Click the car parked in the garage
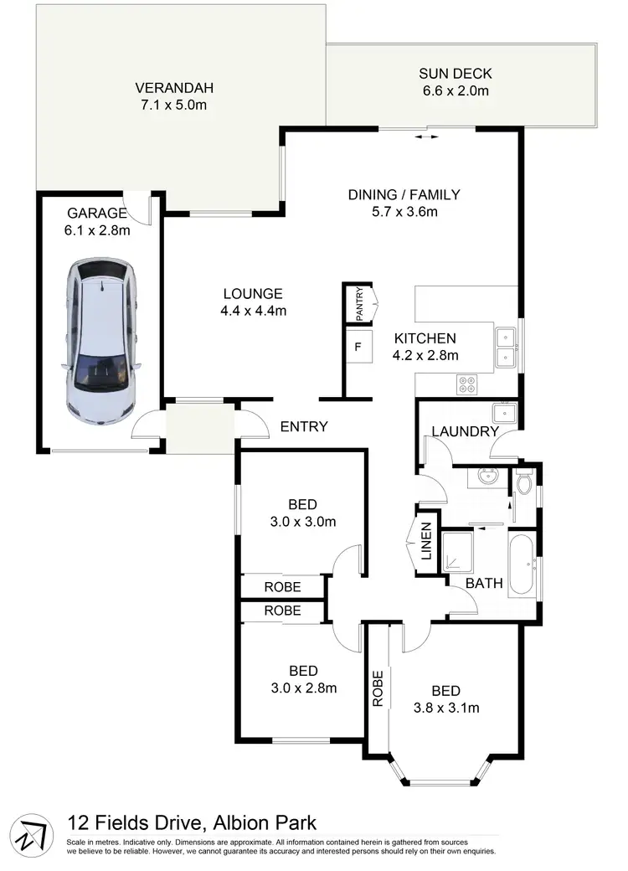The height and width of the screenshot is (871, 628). [x=100, y=339]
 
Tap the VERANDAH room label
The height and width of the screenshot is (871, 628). [x=176, y=88]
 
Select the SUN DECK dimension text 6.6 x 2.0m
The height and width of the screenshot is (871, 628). [x=454, y=90]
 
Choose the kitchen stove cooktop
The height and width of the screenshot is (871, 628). [x=466, y=384]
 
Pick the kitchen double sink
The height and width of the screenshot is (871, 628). [x=505, y=348]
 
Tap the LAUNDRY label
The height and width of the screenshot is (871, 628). [x=465, y=432]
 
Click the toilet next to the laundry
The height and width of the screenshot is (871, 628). [x=525, y=485]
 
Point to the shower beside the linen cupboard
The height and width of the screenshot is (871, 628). [x=459, y=550]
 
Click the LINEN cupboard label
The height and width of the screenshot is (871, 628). [x=425, y=542]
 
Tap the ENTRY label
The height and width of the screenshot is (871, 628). [x=303, y=427]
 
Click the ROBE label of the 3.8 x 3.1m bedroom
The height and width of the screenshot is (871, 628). [x=378, y=688]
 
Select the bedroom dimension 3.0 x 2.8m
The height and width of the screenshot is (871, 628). [x=303, y=688]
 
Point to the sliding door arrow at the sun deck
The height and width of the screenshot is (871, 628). [x=426, y=136]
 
